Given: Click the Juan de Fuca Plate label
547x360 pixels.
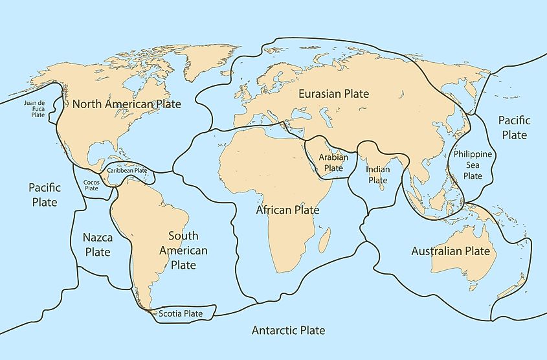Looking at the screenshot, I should coord(34,109).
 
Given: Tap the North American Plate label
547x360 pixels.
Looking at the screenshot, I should coord(126,104).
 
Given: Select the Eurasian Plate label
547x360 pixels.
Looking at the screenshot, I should coord(333,94).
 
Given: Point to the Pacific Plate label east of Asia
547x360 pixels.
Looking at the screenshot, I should coord(515,128).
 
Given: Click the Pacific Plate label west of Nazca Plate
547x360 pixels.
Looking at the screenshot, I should coord(45,194).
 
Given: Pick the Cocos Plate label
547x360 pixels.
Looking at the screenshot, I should coord(91,186).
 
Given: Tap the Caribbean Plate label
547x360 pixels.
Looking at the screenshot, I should coord(127,170).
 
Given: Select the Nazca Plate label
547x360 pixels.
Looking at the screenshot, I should coord(96,245).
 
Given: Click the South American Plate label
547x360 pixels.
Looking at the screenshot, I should coord(188,251).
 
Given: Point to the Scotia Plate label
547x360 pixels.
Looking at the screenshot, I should coord(181,313).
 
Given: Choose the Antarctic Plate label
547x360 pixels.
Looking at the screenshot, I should coord(288,330).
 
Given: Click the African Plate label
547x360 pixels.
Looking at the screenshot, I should coord(287,210).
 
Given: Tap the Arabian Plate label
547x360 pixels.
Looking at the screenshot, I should coord(333,163).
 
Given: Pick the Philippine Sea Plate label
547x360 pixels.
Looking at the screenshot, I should coord(473,164).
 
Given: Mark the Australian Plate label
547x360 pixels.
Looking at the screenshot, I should coord(451,251).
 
